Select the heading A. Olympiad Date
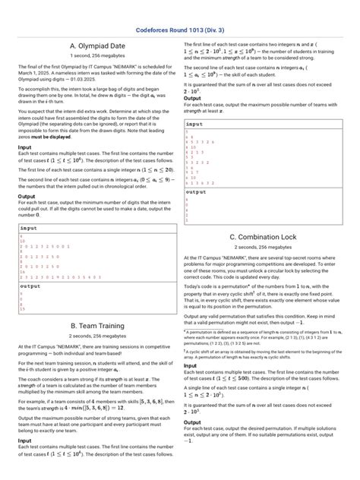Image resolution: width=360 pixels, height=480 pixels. [96, 46]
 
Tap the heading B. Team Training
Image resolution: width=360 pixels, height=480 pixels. [96, 325]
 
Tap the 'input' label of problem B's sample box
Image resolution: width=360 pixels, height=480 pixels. [194, 123]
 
